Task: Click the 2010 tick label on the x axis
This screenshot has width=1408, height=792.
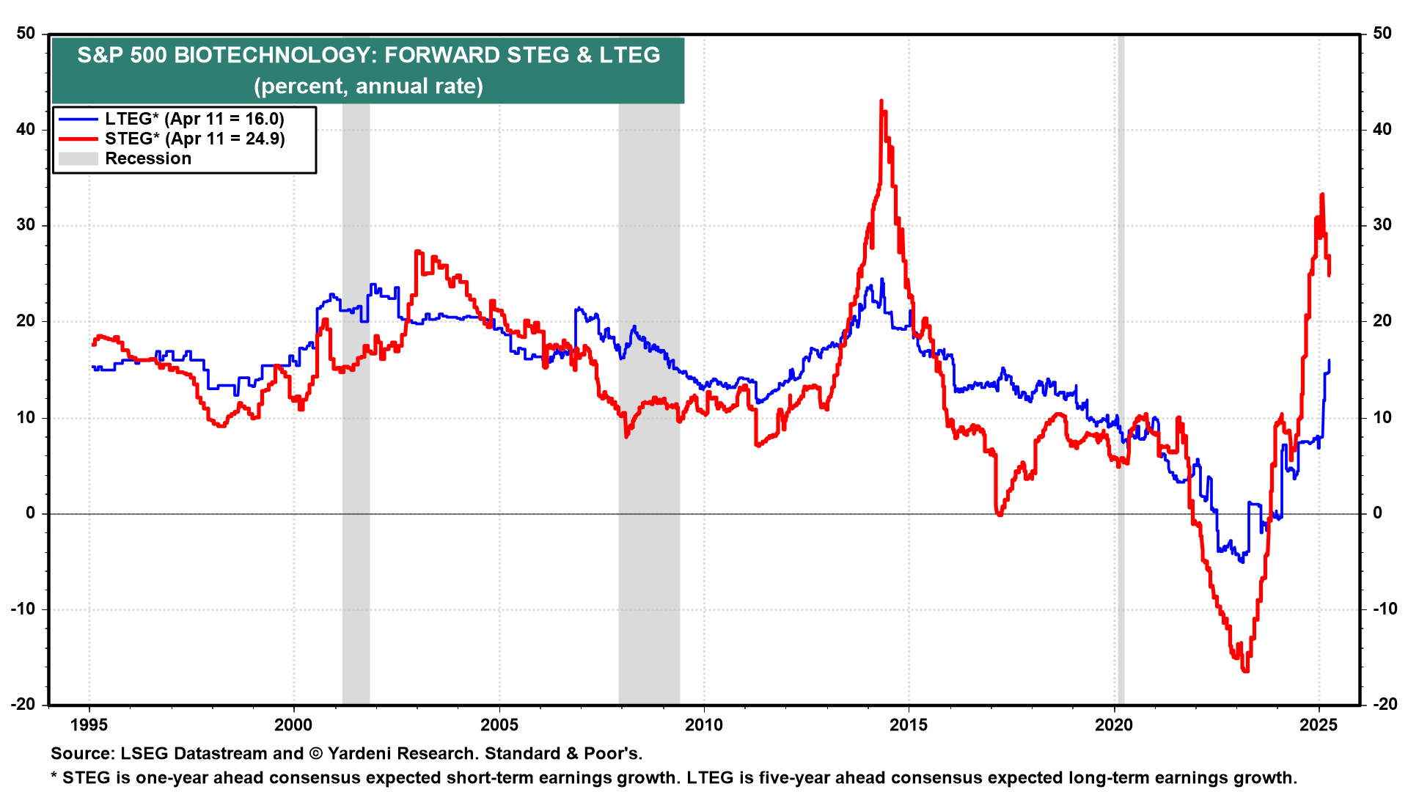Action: [703, 725]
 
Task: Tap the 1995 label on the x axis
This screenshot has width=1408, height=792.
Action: [89, 725]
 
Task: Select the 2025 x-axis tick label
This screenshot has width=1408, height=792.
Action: [1318, 725]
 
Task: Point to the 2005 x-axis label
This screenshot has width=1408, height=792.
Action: [499, 725]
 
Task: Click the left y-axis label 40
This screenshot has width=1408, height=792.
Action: [26, 130]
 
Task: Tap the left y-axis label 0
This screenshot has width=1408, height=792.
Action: [31, 513]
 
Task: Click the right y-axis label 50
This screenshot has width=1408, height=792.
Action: [1382, 34]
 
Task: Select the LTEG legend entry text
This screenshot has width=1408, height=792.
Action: [194, 119]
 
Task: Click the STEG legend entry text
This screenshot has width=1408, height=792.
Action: [194, 139]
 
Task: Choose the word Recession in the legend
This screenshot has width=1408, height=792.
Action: [148, 158]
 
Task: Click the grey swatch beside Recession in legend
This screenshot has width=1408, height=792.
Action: [78, 158]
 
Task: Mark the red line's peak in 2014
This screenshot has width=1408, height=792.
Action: [881, 101]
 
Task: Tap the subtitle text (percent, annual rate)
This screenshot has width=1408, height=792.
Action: [368, 86]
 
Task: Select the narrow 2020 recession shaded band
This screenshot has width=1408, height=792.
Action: [1121, 367]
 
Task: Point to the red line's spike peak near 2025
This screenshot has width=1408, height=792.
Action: [1321, 194]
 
